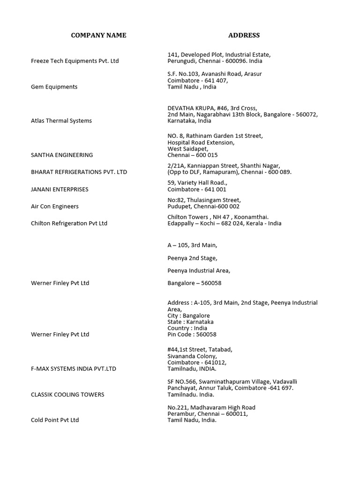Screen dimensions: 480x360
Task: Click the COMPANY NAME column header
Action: point(98,35)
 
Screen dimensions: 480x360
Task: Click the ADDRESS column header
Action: point(244,35)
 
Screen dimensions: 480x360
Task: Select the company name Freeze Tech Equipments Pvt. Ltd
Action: point(75,61)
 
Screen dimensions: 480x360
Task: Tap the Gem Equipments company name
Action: point(54,87)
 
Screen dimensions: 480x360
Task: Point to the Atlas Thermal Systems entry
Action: point(61,120)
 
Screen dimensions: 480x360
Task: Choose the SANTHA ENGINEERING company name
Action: point(62,155)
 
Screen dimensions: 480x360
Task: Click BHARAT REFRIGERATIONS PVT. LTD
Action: point(79,172)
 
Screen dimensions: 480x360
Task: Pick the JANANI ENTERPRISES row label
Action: point(60,189)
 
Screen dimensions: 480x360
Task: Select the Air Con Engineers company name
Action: point(55,206)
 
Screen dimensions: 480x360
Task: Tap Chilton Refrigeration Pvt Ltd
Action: point(69,223)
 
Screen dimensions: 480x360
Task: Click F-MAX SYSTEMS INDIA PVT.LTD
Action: point(74,369)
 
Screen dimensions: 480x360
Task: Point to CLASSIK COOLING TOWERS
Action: point(67,395)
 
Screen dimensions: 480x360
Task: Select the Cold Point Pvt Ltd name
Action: point(55,420)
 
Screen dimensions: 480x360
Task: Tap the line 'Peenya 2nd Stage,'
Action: point(192,258)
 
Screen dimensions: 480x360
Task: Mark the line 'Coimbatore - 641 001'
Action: point(197,189)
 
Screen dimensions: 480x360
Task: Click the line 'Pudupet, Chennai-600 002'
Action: point(203,206)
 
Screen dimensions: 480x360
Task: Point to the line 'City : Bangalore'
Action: point(188,315)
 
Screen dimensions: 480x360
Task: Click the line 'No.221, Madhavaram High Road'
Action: point(211,408)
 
